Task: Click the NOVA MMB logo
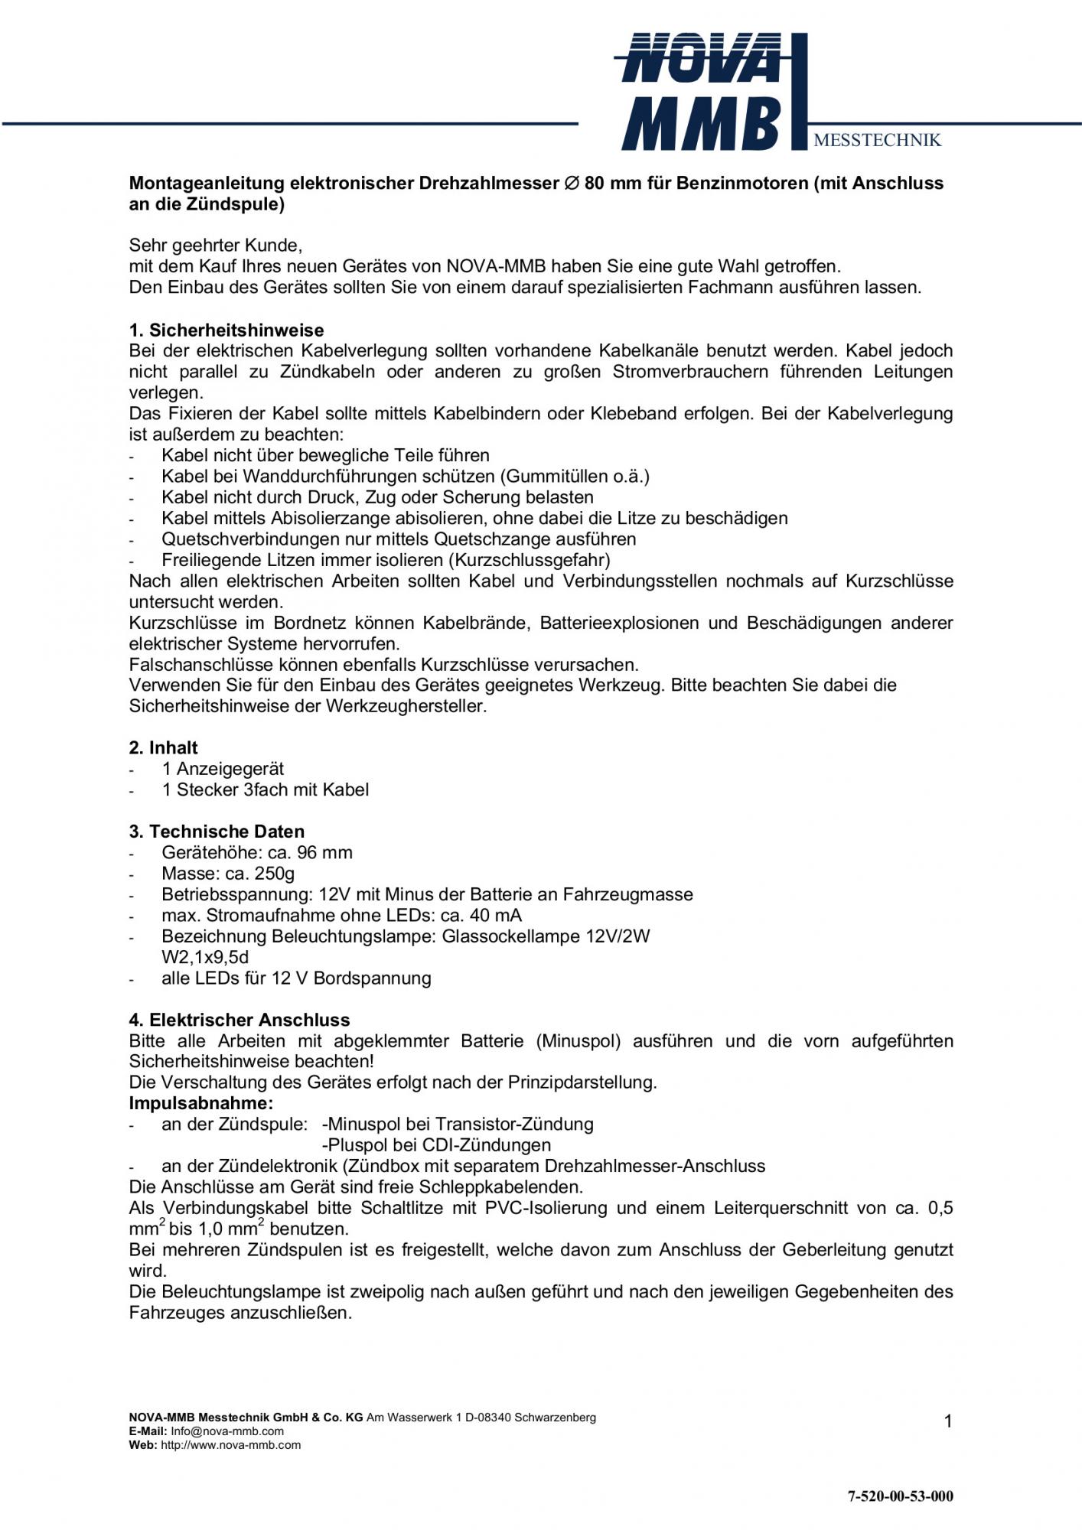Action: click(702, 92)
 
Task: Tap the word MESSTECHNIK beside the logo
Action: click(877, 140)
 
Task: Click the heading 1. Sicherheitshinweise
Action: click(227, 330)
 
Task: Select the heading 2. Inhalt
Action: click(163, 747)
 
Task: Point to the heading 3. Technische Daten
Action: click(217, 832)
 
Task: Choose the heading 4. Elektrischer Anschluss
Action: click(239, 1020)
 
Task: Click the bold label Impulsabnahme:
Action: click(200, 1103)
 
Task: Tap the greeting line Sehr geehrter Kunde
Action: click(216, 246)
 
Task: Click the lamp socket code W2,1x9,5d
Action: click(205, 957)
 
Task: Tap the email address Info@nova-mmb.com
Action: click(227, 1431)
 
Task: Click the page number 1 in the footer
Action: click(948, 1422)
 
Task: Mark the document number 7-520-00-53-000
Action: click(901, 1496)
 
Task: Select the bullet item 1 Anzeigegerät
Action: click(223, 769)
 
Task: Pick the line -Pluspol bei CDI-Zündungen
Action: click(436, 1145)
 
